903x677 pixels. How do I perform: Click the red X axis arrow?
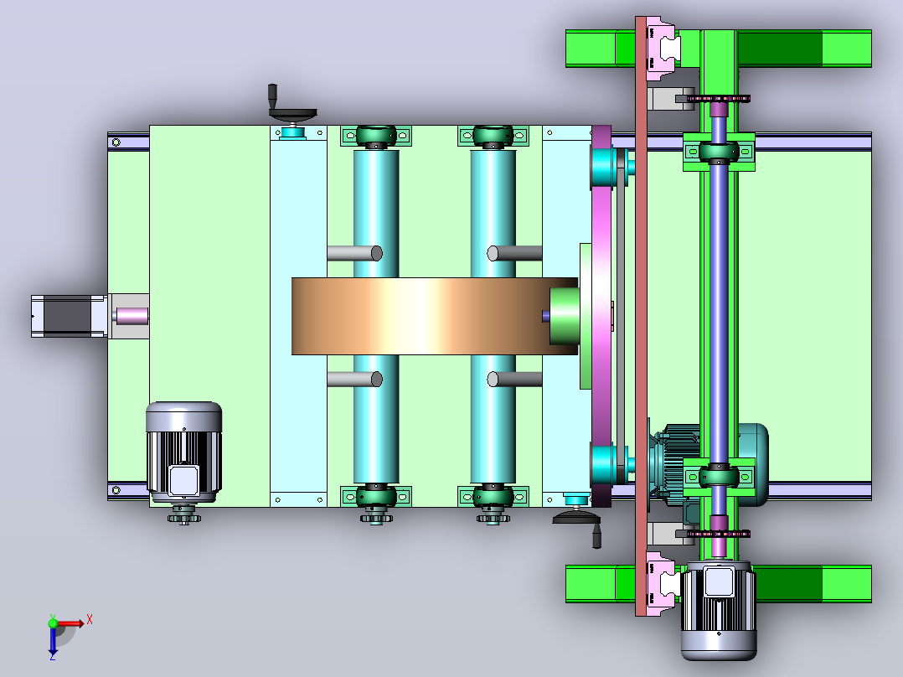[x=70, y=623]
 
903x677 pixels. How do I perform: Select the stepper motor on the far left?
[x=69, y=317]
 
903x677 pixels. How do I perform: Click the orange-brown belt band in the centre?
[x=434, y=317]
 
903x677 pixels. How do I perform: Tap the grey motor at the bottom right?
[x=718, y=611]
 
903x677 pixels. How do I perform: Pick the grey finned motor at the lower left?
[x=183, y=452]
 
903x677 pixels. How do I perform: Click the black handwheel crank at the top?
[x=291, y=107]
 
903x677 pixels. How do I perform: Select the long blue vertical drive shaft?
[x=718, y=311]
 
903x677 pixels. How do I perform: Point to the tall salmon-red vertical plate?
[x=641, y=316]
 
